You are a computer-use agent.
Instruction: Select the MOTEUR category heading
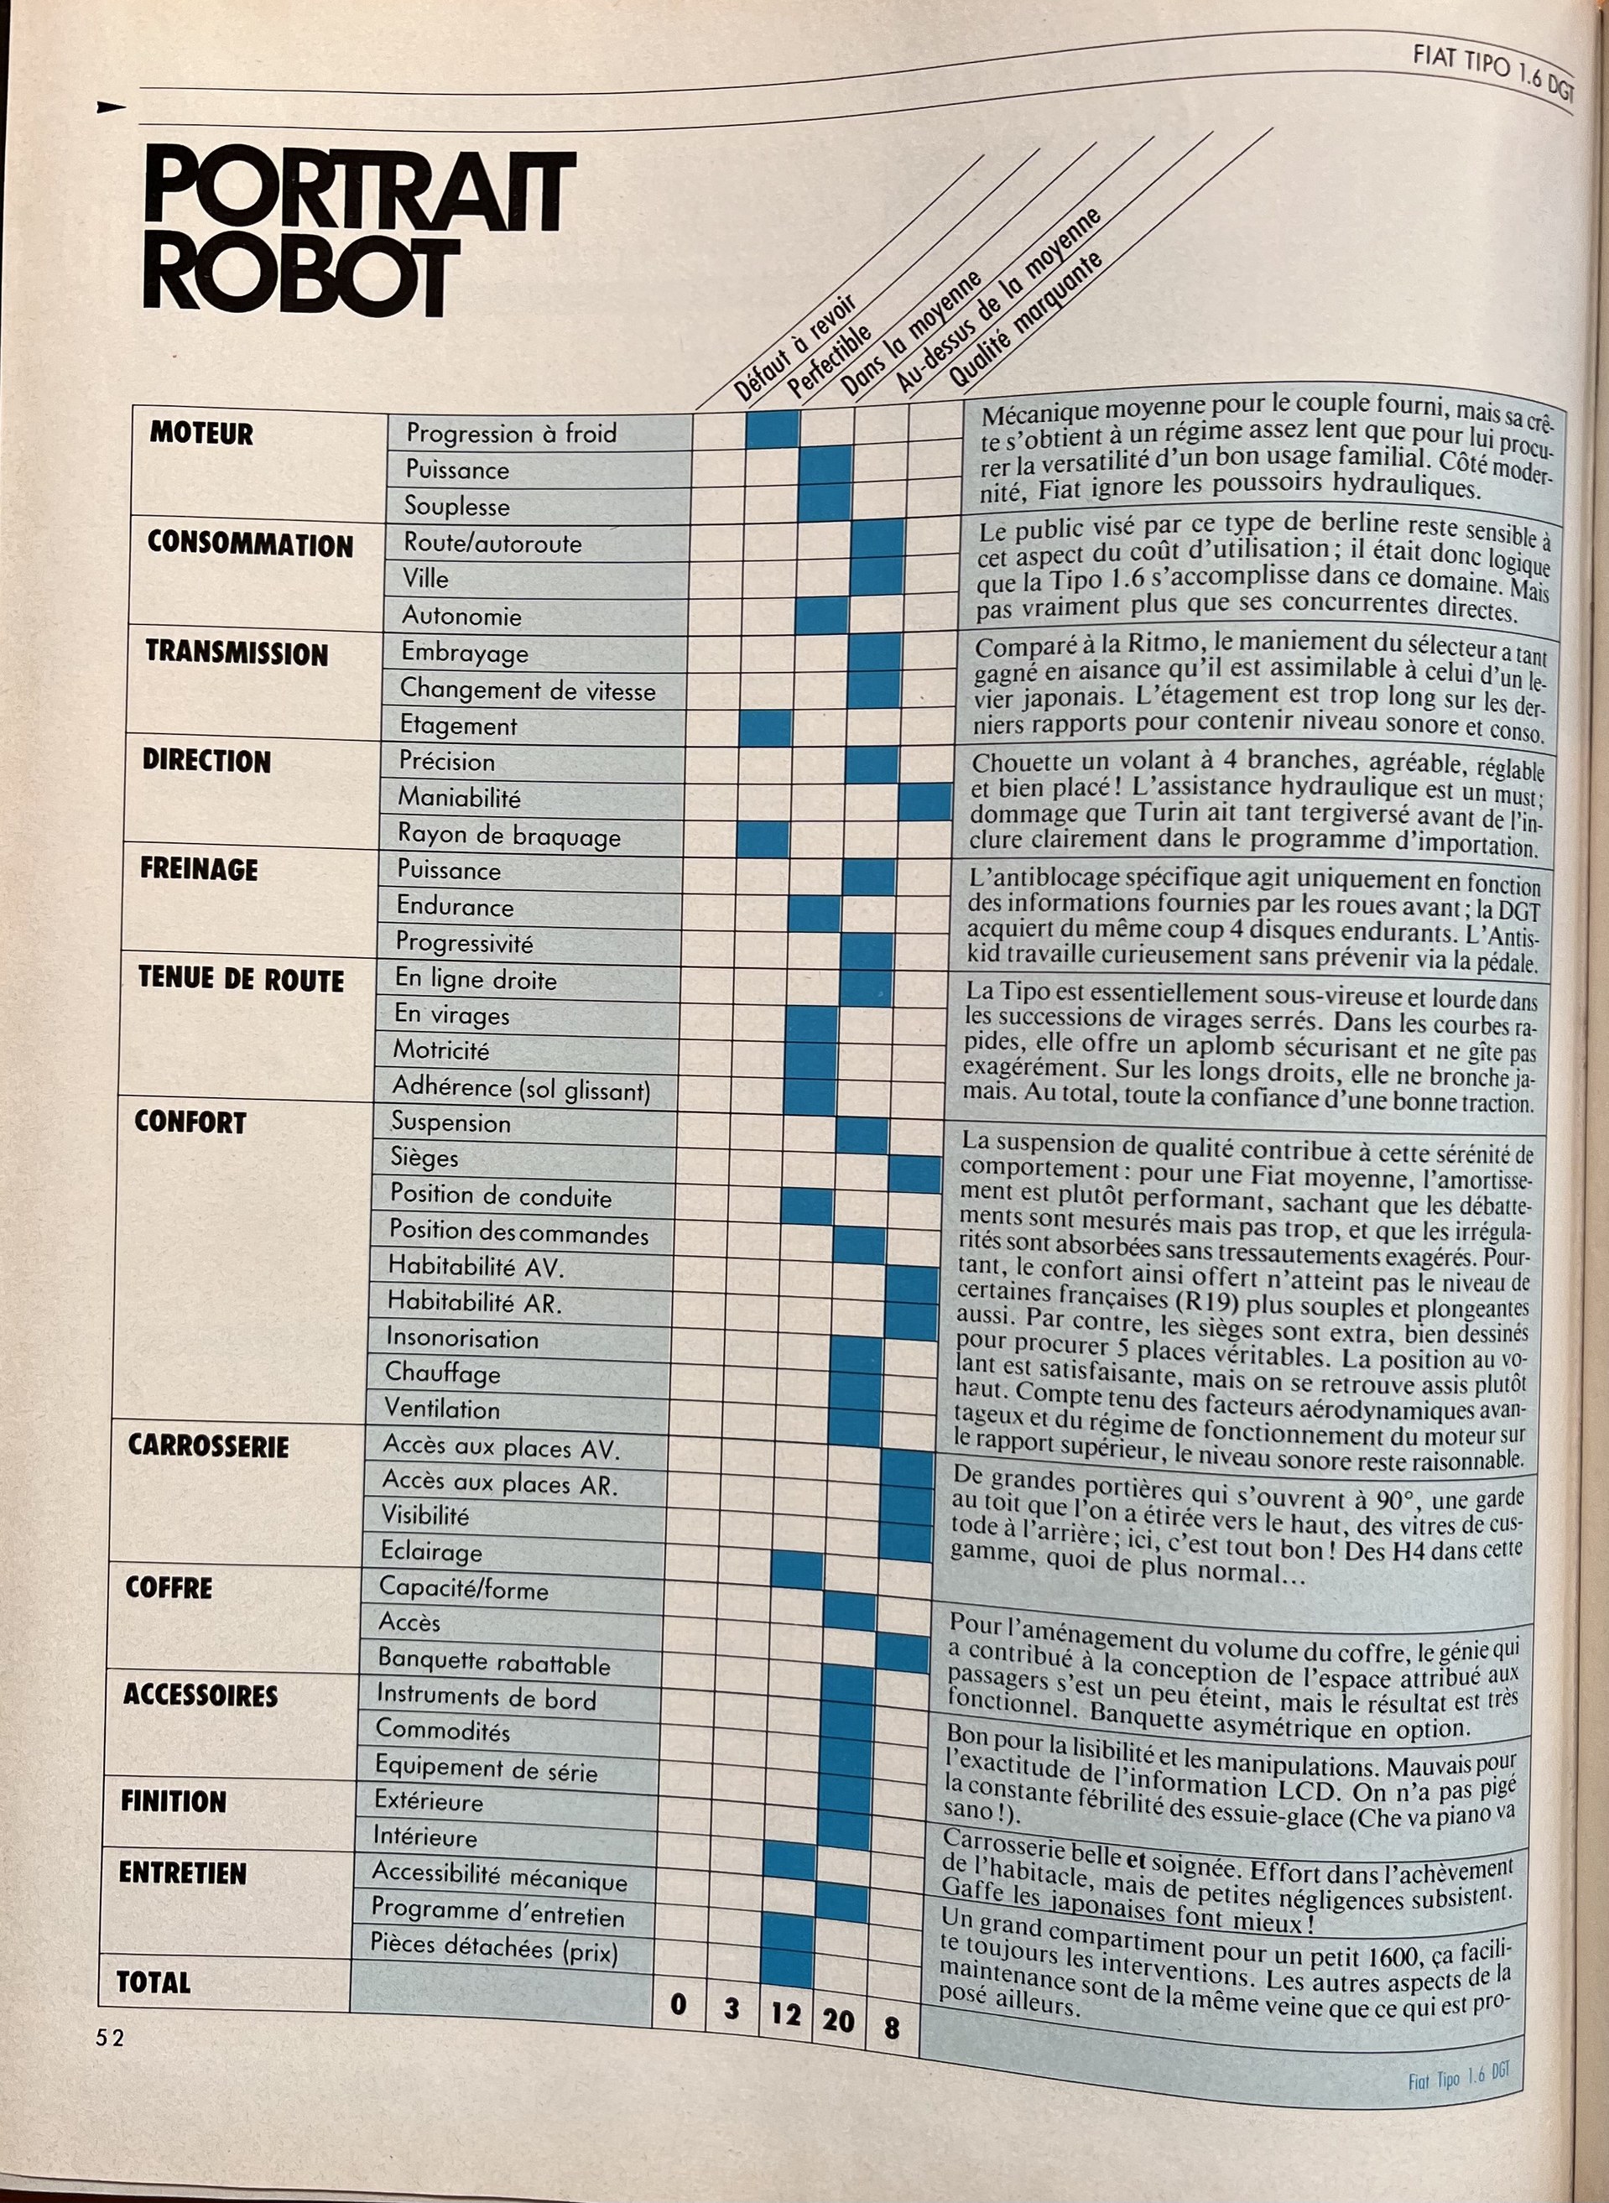tap(201, 435)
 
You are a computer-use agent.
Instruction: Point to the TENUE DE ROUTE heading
tap(241, 980)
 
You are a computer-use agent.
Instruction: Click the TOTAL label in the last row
tap(153, 1982)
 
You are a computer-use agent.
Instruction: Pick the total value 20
tap(837, 2020)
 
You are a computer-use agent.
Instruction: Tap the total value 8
tap(891, 2028)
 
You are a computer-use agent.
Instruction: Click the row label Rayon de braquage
tap(508, 835)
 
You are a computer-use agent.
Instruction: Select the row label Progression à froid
tap(512, 434)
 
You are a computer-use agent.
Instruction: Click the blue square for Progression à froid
tap(773, 430)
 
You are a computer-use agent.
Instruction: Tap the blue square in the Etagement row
tap(766, 727)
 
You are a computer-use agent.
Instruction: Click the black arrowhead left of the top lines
tap(111, 107)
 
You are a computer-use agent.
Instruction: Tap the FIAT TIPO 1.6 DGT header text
tap(1492, 71)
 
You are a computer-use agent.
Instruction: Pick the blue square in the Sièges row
tap(914, 1174)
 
